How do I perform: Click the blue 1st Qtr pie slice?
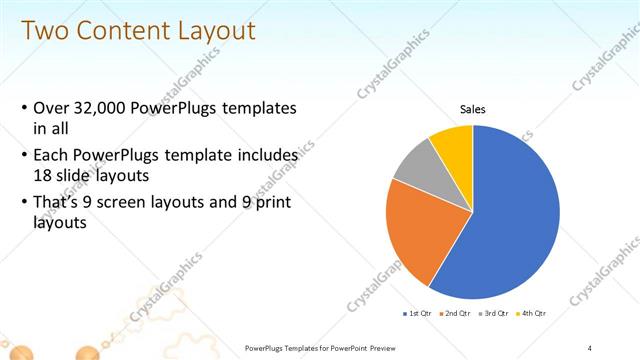tap(510, 220)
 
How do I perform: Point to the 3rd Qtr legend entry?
tap(497, 313)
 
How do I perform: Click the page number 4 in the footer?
tap(590, 347)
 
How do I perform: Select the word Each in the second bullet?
tap(52, 156)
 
